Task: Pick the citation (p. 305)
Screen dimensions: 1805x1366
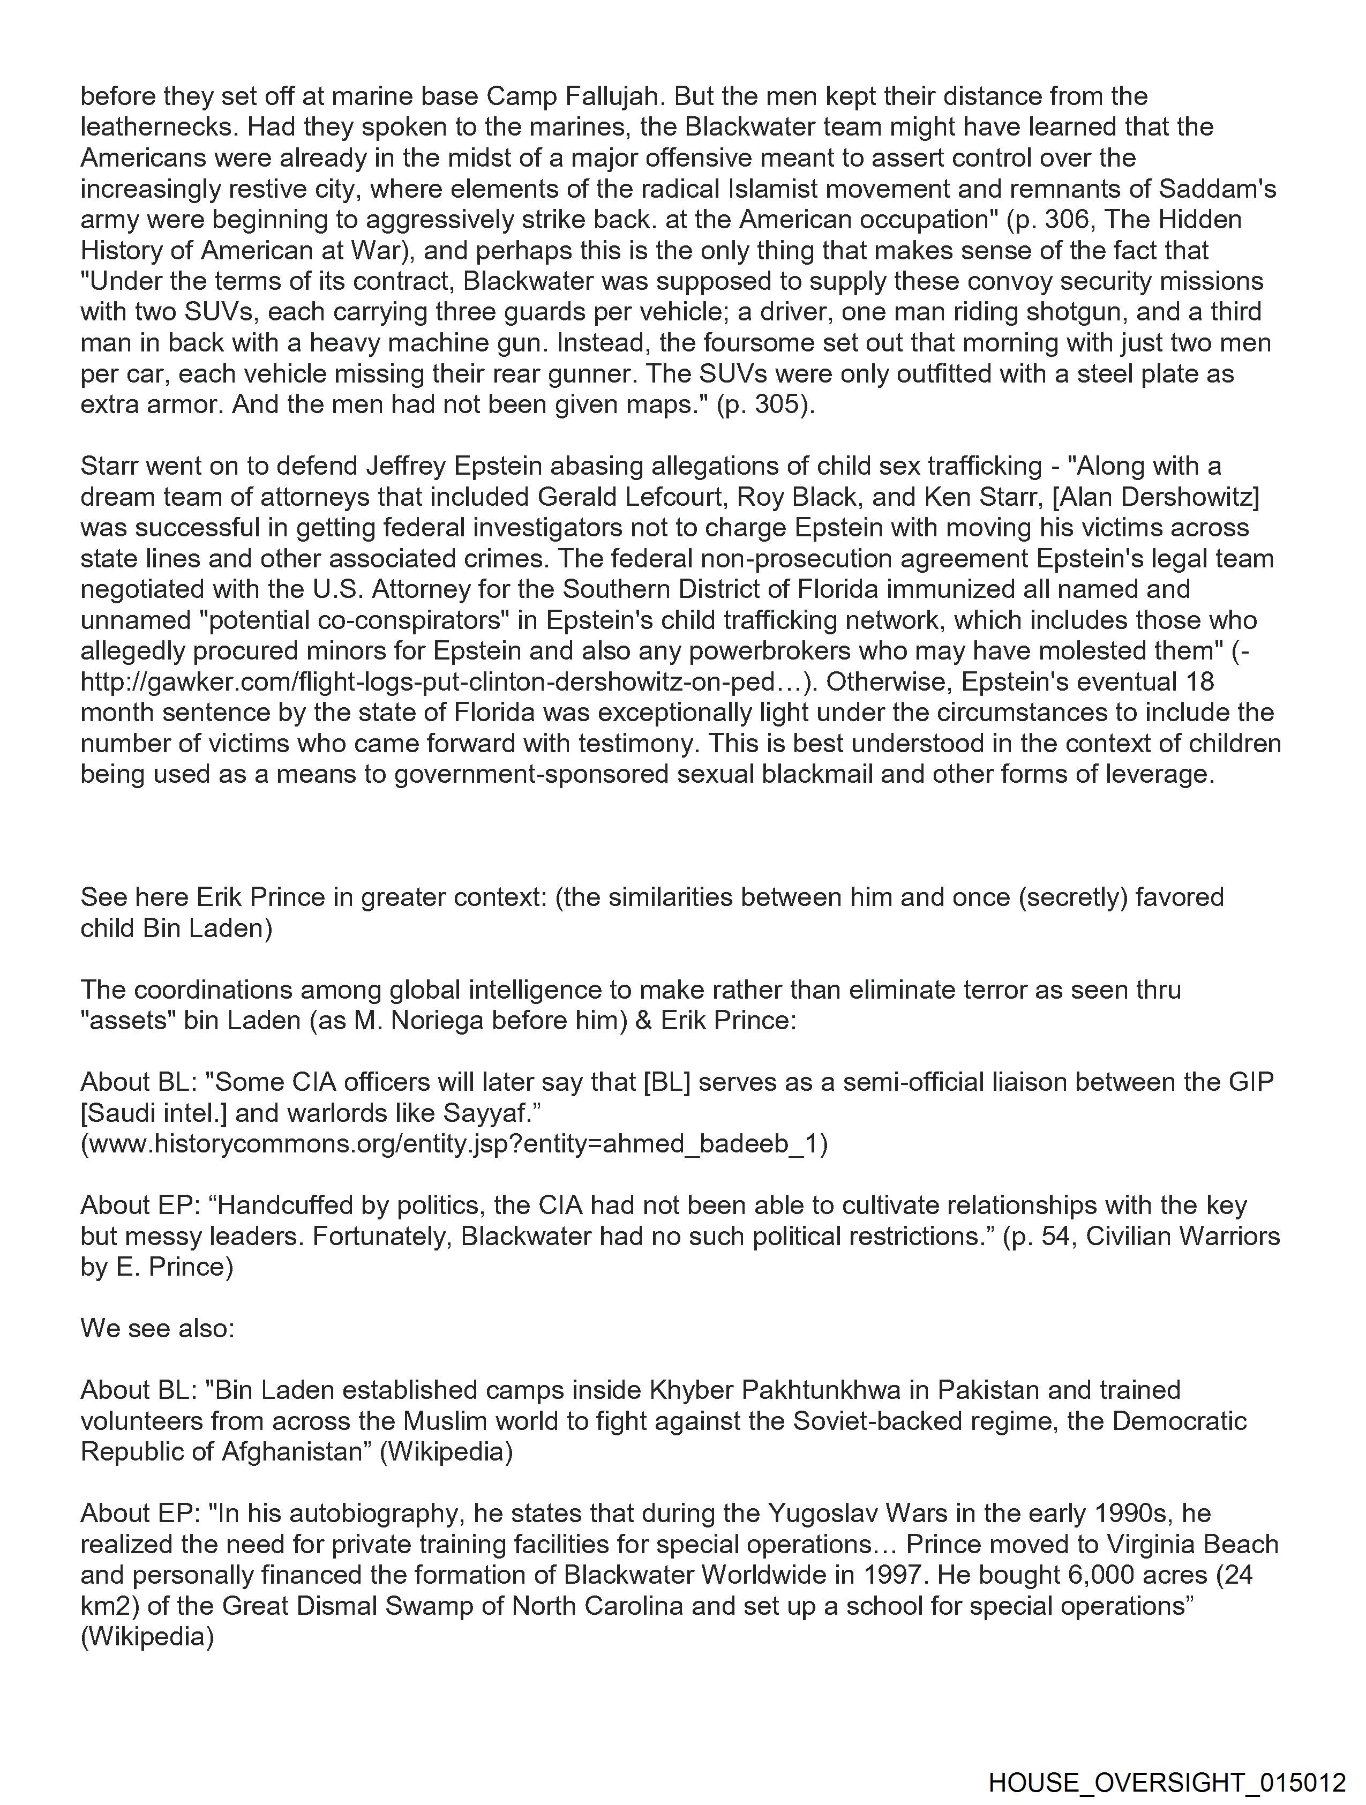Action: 764,405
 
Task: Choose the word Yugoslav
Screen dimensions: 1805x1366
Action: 829,1514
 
